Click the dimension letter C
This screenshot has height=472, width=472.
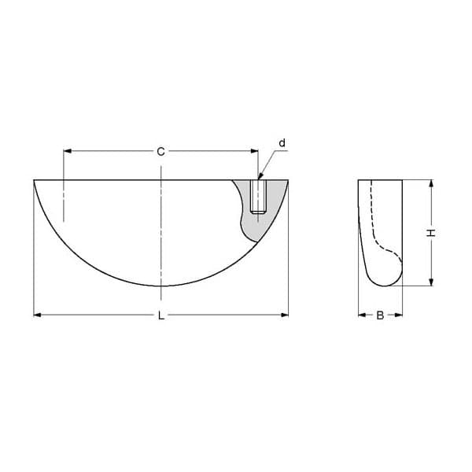click(x=161, y=151)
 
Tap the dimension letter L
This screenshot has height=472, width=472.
click(x=161, y=315)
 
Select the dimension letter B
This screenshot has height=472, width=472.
click(x=380, y=315)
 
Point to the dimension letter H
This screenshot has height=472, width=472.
click(x=431, y=233)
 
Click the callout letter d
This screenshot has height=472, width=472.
click(x=282, y=143)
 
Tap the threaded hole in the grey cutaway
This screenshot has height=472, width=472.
click(x=258, y=197)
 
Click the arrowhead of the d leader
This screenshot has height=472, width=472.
click(x=260, y=177)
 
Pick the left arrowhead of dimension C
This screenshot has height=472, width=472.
click(x=67, y=151)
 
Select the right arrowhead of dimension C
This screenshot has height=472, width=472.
click(x=254, y=151)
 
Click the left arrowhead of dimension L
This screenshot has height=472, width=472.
click(x=37, y=315)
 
